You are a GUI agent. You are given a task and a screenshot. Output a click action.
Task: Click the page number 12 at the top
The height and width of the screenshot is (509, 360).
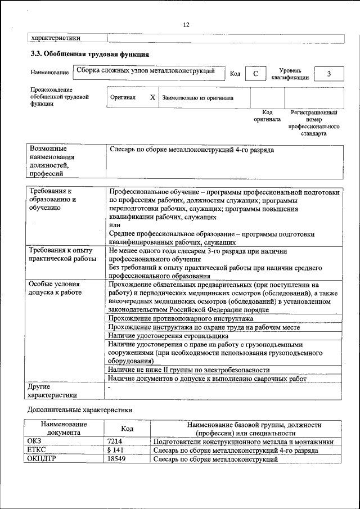click(x=186, y=24)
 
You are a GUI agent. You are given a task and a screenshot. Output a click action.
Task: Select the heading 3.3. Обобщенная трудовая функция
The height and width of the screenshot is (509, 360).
click(x=89, y=55)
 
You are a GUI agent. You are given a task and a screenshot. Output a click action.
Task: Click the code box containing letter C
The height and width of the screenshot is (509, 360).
click(x=255, y=74)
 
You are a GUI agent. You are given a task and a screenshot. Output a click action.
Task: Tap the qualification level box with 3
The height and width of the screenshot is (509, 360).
click(x=328, y=74)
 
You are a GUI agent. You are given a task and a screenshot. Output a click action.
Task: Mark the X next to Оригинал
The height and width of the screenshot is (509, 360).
click(x=152, y=97)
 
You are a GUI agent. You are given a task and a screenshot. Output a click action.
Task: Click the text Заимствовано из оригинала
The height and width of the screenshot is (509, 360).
click(x=197, y=98)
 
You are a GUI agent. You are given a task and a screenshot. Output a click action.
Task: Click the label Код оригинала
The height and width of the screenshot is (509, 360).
click(x=267, y=116)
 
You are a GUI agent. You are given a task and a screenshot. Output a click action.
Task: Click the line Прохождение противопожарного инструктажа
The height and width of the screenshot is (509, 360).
click(x=181, y=319)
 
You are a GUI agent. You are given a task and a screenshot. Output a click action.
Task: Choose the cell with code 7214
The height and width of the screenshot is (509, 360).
click(x=115, y=442)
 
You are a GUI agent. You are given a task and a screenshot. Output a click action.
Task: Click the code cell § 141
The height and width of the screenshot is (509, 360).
click(x=115, y=451)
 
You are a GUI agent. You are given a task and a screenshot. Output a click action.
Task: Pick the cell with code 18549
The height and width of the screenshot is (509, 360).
click(x=116, y=460)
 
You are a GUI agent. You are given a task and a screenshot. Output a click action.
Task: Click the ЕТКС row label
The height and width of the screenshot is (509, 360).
click(x=36, y=451)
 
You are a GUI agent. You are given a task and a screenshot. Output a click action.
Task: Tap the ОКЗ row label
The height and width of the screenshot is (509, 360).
click(x=34, y=442)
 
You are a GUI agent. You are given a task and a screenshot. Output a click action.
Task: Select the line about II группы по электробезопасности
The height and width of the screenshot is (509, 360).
click(x=189, y=370)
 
